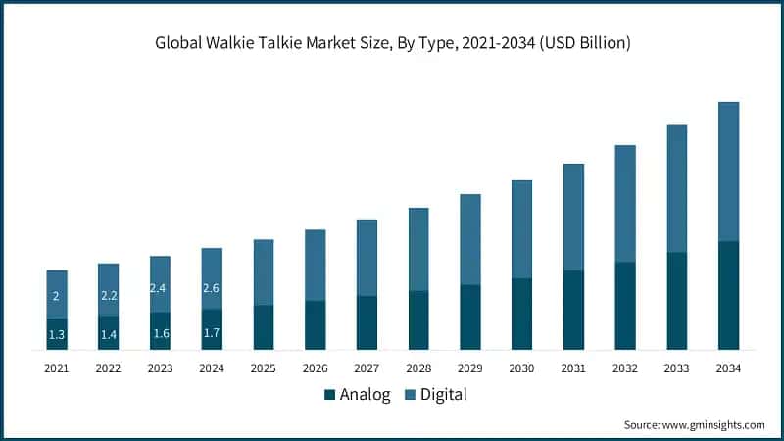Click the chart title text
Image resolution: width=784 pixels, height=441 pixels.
tap(391, 42)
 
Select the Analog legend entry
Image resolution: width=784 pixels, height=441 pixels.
tap(357, 395)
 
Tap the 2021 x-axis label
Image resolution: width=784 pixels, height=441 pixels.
tap(57, 368)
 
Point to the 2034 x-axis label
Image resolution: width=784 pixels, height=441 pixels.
tap(728, 368)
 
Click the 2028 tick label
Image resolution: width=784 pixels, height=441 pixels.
tap(418, 368)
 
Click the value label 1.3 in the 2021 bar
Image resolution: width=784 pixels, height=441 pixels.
tap(57, 335)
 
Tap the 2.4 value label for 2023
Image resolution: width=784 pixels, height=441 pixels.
tap(160, 288)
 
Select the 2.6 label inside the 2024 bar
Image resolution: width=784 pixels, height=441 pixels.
tap(212, 288)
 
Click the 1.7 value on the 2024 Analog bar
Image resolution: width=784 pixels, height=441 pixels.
tap(212, 333)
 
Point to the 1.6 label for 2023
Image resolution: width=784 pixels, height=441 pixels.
tap(160, 333)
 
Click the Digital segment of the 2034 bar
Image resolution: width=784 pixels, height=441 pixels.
tap(728, 171)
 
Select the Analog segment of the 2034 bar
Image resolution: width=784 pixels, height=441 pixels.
tap(728, 295)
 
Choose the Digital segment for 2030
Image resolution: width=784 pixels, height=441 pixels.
tap(521, 229)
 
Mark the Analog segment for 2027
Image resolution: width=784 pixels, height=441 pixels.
tap(367, 322)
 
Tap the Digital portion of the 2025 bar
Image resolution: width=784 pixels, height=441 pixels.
tap(264, 272)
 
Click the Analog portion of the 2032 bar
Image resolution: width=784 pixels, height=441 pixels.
tap(625, 306)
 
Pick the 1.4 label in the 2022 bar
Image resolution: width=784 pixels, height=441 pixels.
tap(109, 335)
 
